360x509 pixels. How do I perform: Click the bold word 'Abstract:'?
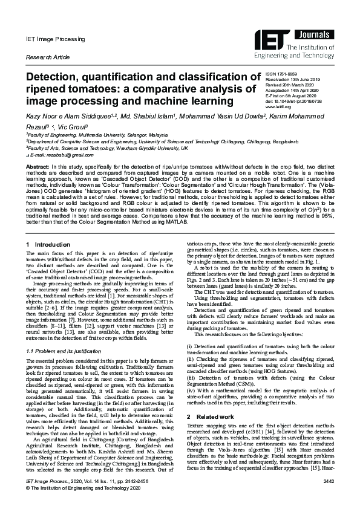38,166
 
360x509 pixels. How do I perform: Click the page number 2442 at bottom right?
328,497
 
